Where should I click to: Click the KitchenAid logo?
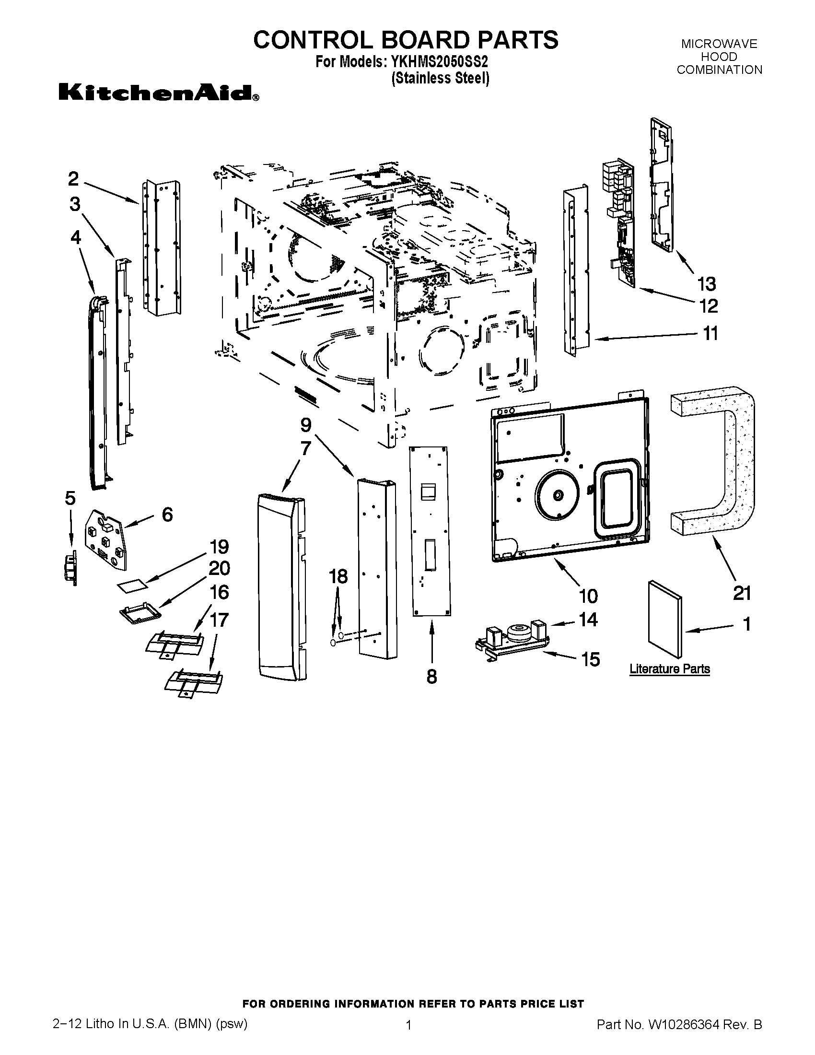158,92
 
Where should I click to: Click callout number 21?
742,593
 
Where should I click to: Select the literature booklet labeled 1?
665,619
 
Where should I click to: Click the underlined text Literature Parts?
669,669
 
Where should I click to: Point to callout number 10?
588,596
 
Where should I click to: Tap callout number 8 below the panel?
431,676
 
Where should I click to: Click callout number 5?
70,498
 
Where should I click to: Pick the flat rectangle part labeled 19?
133,586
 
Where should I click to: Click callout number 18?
338,576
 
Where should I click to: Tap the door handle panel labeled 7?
281,587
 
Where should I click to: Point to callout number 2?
73,179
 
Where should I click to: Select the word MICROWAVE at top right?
719,44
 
